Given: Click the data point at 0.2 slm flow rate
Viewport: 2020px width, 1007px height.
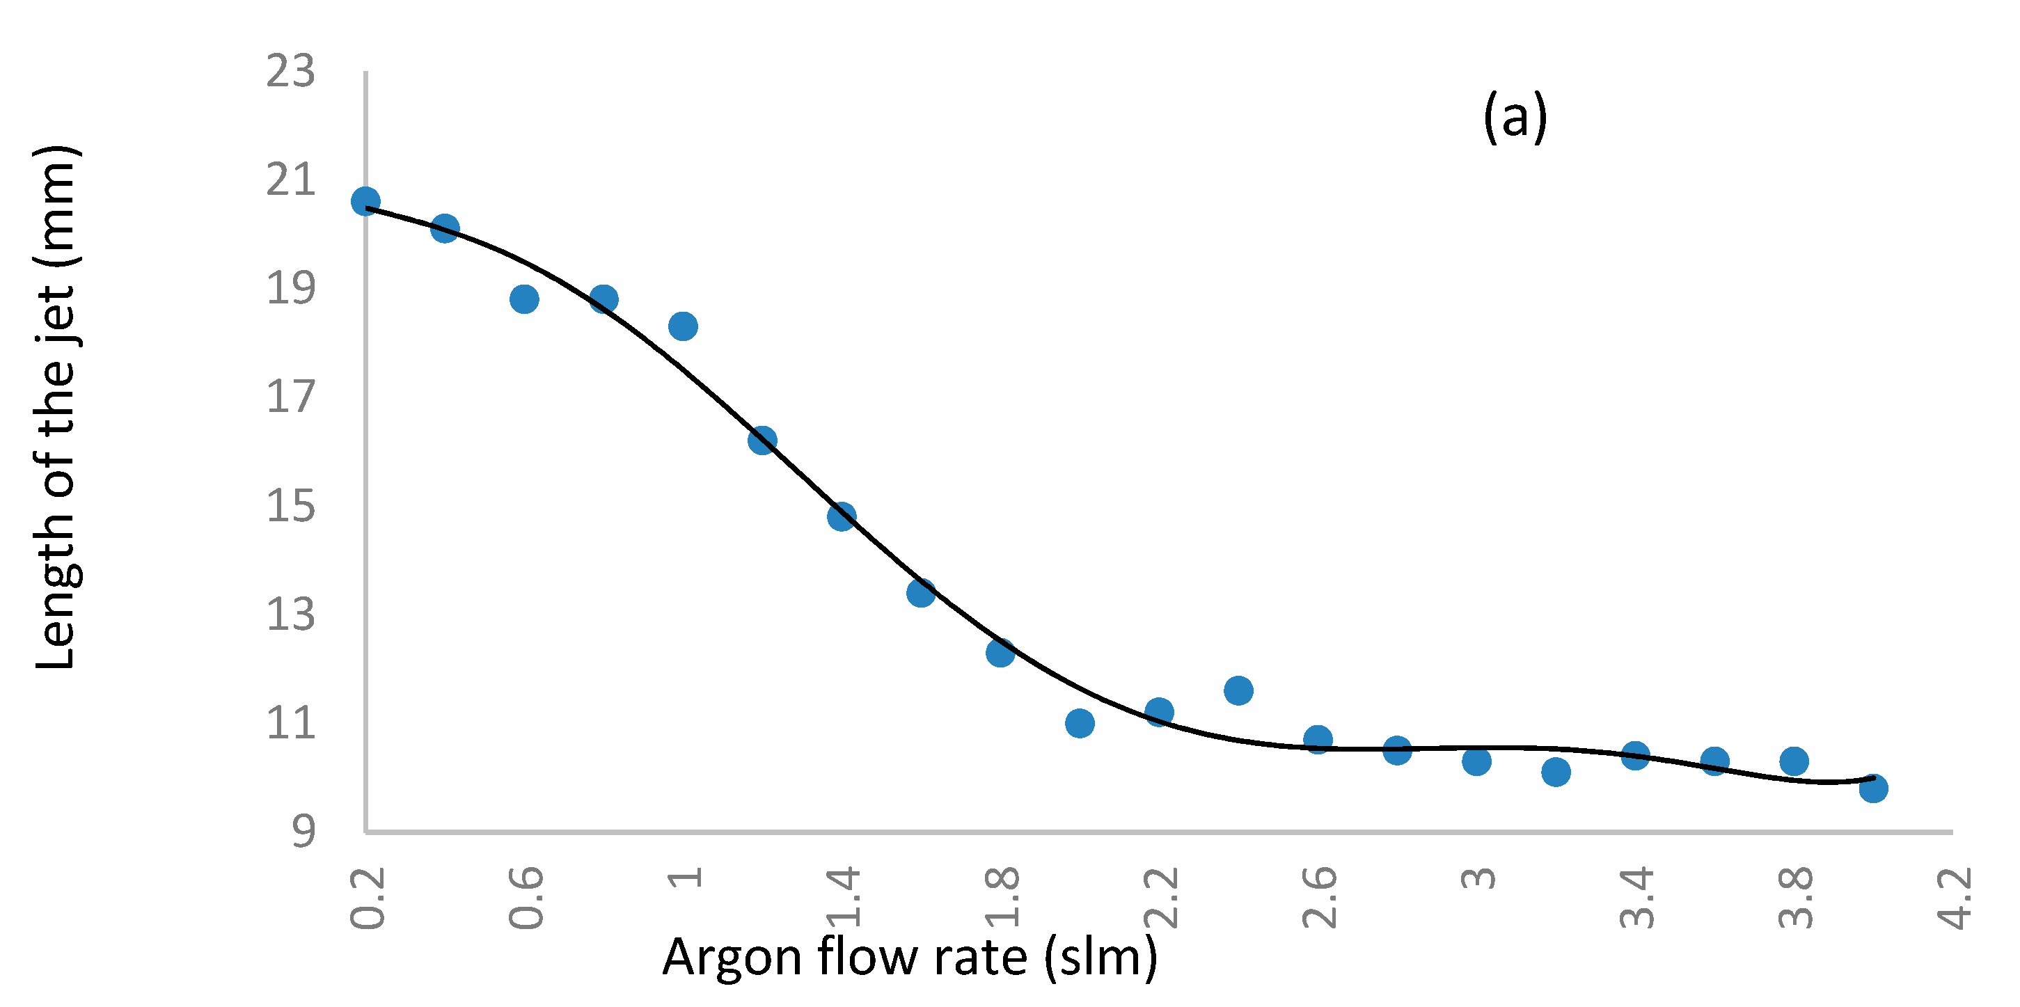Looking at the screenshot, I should click(365, 202).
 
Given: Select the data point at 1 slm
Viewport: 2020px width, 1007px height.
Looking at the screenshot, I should click(683, 326).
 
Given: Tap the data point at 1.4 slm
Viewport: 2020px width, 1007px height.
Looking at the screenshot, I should click(842, 517).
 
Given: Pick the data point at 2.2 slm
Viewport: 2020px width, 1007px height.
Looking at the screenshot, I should click(1159, 712).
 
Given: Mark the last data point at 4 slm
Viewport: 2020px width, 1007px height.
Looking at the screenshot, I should click(1873, 788).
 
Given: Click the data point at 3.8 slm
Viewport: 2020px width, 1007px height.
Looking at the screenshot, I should click(1794, 761).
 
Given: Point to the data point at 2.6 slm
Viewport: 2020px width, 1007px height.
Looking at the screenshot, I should click(1318, 740).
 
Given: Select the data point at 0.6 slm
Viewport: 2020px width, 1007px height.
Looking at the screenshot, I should click(524, 299).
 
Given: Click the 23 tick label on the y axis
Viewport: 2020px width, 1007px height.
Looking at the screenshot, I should click(290, 72).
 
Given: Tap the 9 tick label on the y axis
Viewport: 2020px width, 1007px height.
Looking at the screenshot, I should click(303, 830).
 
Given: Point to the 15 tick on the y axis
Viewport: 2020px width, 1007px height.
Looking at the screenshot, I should click(290, 506).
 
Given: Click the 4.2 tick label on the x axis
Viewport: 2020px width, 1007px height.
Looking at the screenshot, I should click(1954, 898).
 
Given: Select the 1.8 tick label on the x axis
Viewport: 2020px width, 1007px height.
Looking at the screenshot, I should click(1002, 898).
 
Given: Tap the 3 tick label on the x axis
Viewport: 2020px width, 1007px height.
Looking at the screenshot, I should click(1478, 878).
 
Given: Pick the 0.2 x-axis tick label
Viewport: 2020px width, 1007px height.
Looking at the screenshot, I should click(367, 898).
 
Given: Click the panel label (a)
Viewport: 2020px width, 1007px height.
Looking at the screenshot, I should click(1515, 118).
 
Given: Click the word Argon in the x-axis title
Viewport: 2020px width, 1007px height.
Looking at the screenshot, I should click(732, 958).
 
